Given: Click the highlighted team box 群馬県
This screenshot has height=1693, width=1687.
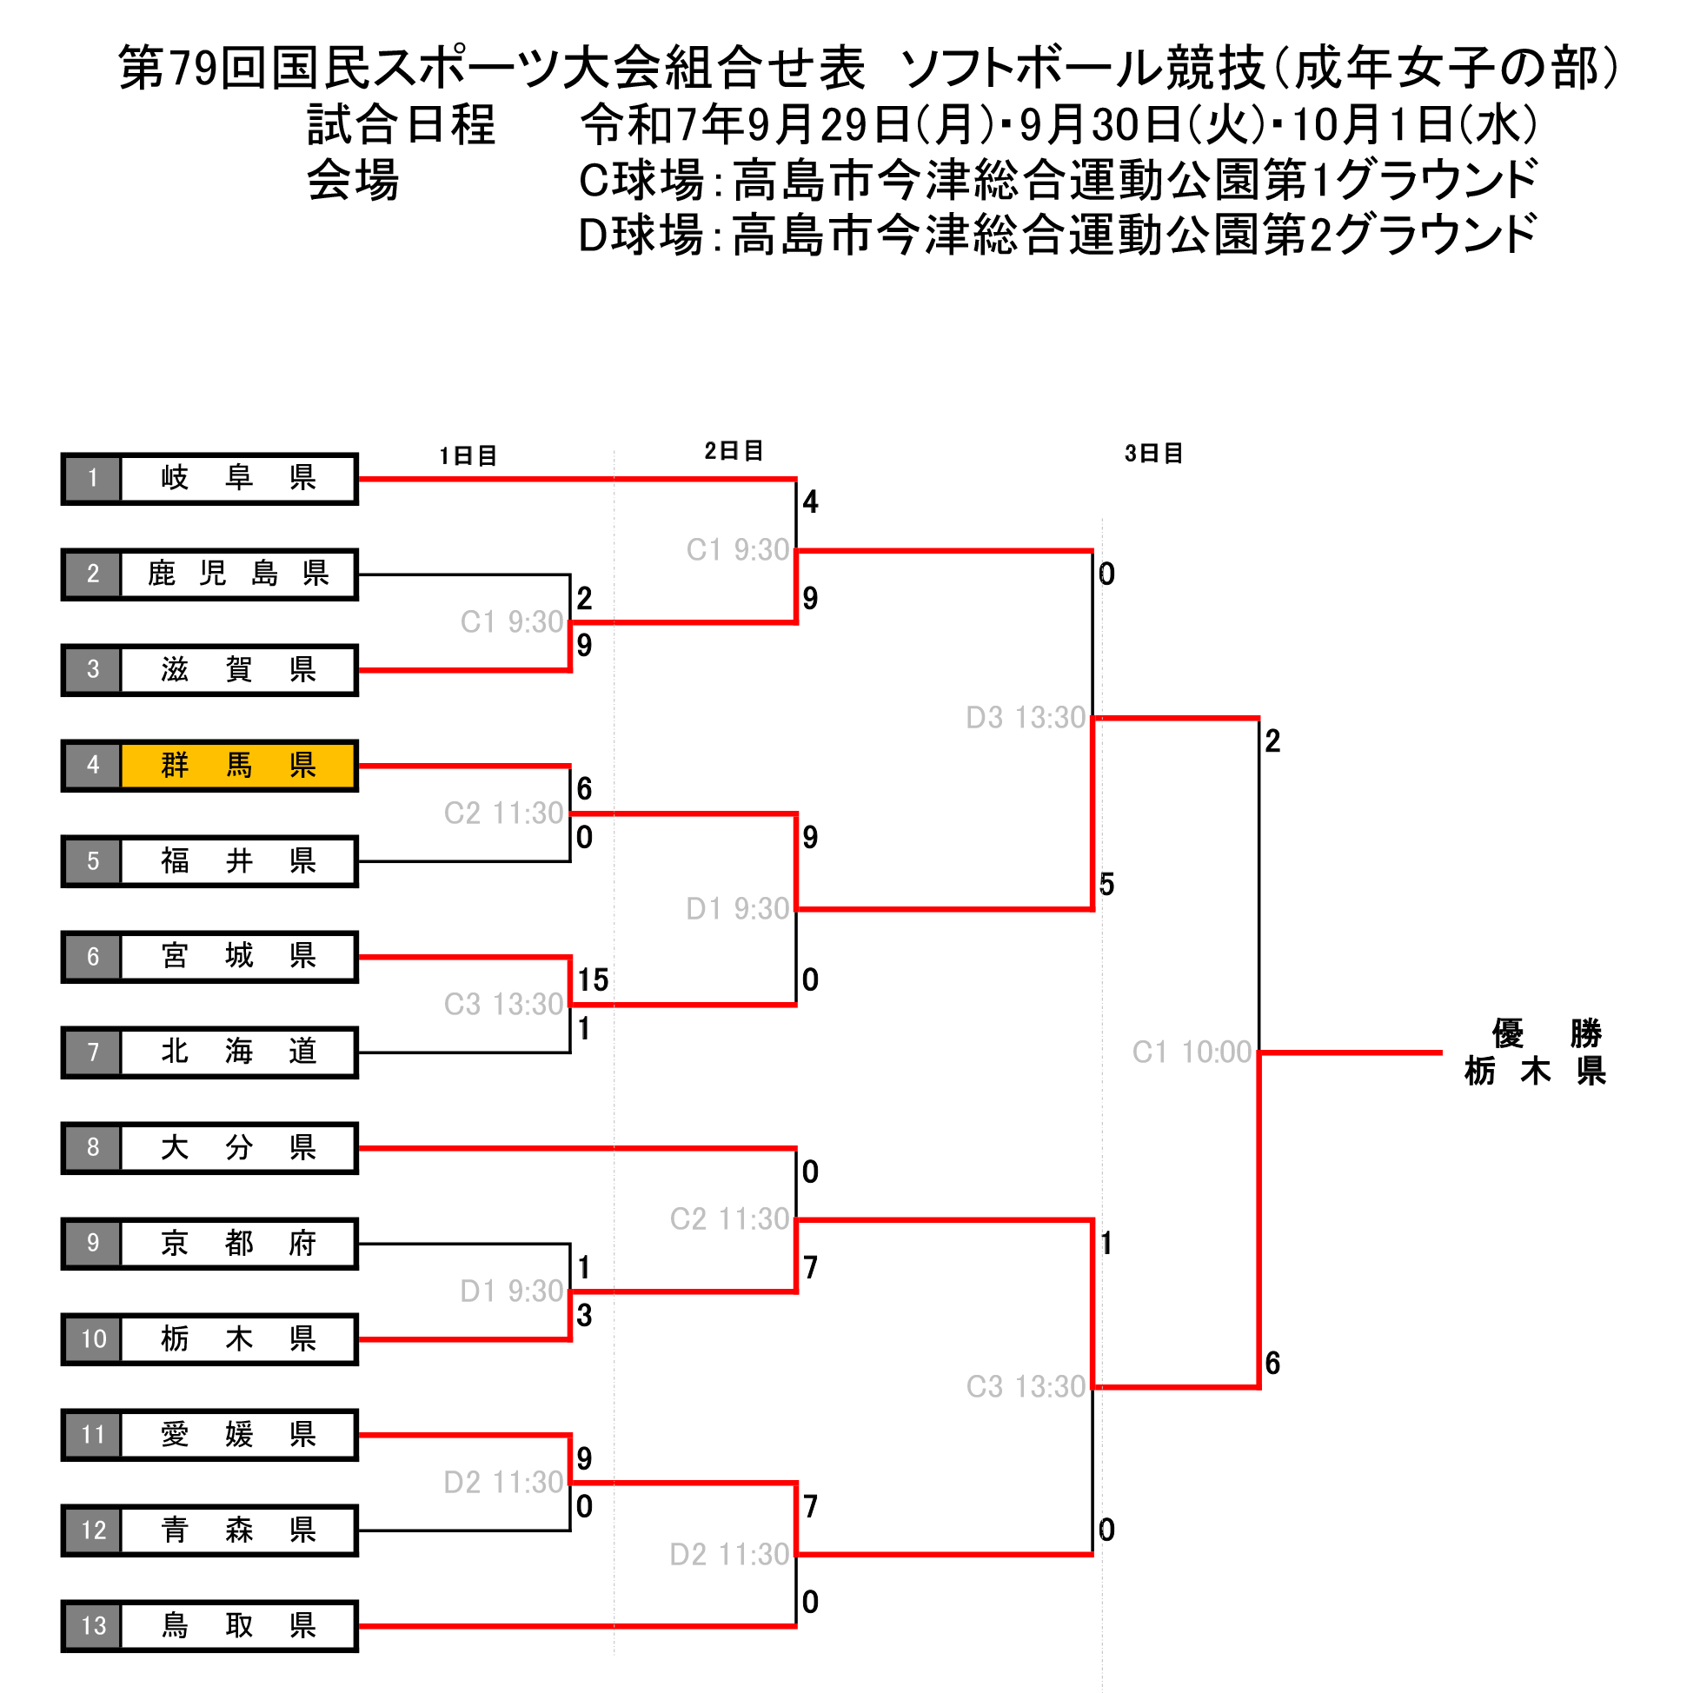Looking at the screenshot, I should pyautogui.click(x=237, y=765).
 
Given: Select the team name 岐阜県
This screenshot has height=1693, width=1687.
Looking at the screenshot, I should pyautogui.click(x=237, y=478).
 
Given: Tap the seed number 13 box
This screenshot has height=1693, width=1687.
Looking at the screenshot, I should pyautogui.click(x=93, y=1626).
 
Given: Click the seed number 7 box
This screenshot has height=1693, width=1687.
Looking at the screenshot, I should pyautogui.click(x=93, y=1052).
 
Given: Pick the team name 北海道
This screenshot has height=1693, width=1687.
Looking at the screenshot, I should pyautogui.click(x=237, y=1052).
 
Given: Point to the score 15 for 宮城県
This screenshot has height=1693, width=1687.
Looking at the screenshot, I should pyautogui.click(x=594, y=979).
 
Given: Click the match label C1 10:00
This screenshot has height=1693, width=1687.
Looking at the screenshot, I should pyautogui.click(x=1192, y=1052).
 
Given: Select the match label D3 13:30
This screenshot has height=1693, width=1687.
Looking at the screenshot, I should pyautogui.click(x=1026, y=718).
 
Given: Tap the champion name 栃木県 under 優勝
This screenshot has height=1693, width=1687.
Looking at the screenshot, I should pyautogui.click(x=1536, y=1072).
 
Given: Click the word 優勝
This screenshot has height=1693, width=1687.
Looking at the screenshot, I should pyautogui.click(x=1547, y=1033).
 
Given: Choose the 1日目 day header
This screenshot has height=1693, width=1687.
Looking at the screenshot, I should pyautogui.click(x=468, y=455).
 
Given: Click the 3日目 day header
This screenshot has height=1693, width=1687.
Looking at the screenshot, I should pyautogui.click(x=1154, y=453).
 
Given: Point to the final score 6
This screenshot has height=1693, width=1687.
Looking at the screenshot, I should pyautogui.click(x=1272, y=1363).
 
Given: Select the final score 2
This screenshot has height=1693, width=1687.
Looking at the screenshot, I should pyautogui.click(x=1272, y=741).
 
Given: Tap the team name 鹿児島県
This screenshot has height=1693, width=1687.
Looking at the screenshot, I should pyautogui.click(x=237, y=573).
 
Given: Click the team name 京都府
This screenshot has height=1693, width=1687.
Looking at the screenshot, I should pyautogui.click(x=237, y=1243).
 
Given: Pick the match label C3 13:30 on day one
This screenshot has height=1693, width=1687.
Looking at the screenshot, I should pyautogui.click(x=503, y=1004).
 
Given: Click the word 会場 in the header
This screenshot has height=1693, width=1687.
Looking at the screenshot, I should pyautogui.click(x=353, y=181).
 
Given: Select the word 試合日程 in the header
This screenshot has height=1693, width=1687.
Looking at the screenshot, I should pyautogui.click(x=402, y=124).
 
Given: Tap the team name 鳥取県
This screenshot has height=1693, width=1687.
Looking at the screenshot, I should pyautogui.click(x=237, y=1626).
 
